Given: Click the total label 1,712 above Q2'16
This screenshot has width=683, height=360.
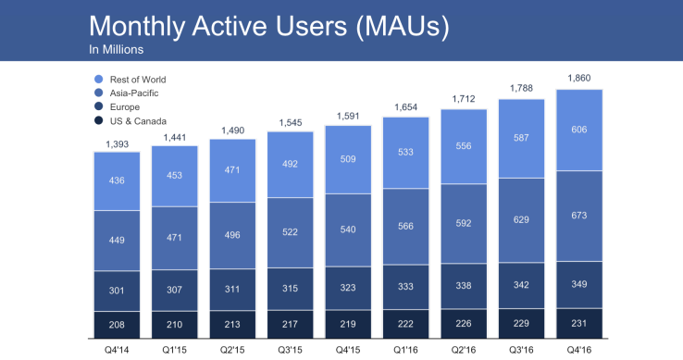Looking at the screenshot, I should (464, 98).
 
